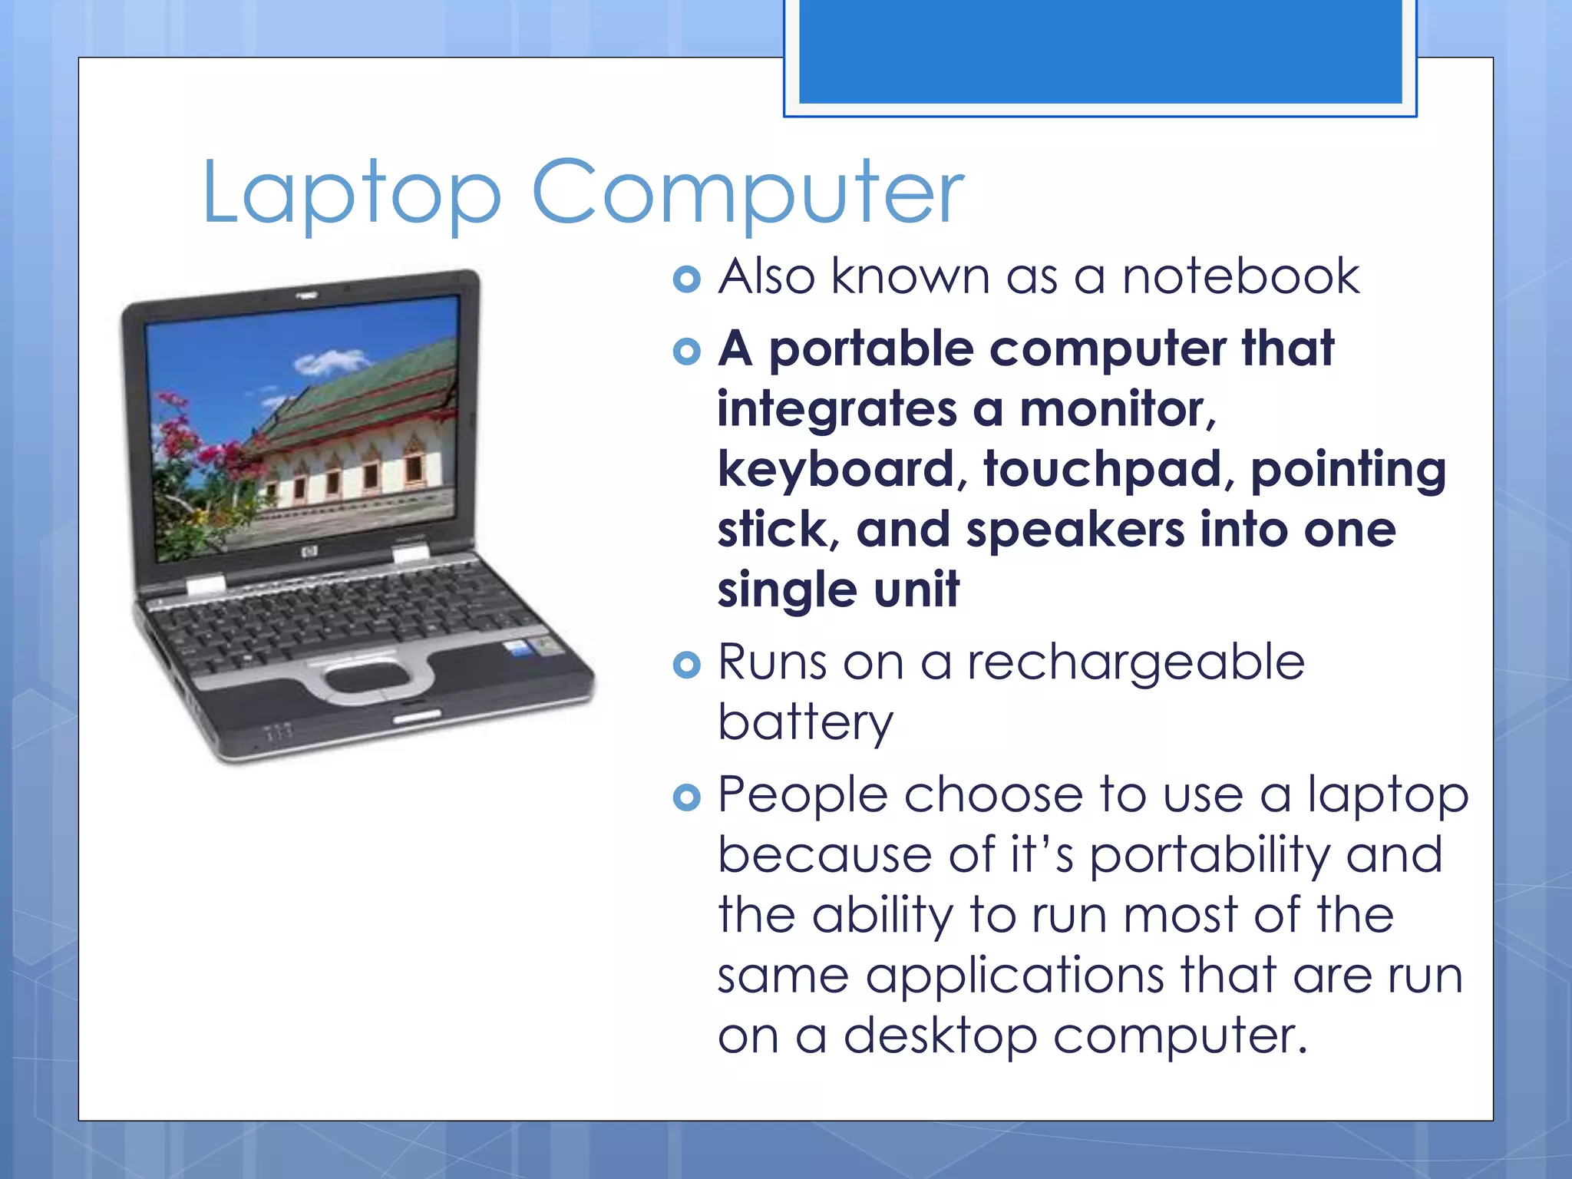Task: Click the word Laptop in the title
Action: pyautogui.click(x=352, y=193)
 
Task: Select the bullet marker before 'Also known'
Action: pyautogui.click(x=686, y=279)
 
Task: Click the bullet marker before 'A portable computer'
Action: pyautogui.click(x=686, y=352)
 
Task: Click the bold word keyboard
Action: pyautogui.click(x=835, y=469)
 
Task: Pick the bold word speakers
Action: pyautogui.click(x=1075, y=530)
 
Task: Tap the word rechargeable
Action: pyautogui.click(x=1135, y=663)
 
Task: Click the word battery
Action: pyautogui.click(x=805, y=723)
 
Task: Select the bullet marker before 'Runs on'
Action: pyautogui.click(x=686, y=665)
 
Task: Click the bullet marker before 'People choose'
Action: pyautogui.click(x=686, y=798)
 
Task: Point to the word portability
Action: pyautogui.click(x=1210, y=856)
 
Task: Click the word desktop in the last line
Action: pyautogui.click(x=940, y=1036)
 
